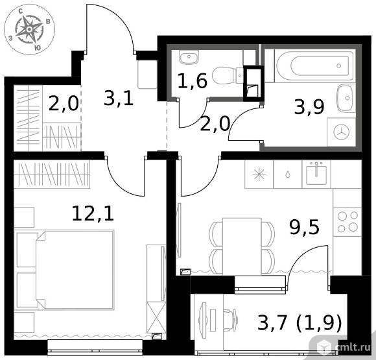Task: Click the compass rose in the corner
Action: point(29,30)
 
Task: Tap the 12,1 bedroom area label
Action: point(93,213)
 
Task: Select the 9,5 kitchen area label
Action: point(305,227)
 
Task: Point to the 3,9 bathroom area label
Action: point(309,107)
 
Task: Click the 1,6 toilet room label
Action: point(192,80)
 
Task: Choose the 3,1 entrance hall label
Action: point(119,98)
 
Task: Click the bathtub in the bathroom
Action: point(315,66)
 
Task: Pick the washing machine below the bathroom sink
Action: point(341,132)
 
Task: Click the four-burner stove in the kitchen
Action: point(347,222)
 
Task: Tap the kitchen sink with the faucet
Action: point(316,174)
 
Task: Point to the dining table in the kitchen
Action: point(242,246)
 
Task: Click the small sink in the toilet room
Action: point(189,57)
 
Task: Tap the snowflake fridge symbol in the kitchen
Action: point(259,174)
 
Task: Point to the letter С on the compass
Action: point(21,11)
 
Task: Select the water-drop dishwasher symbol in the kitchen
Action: point(288,174)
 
